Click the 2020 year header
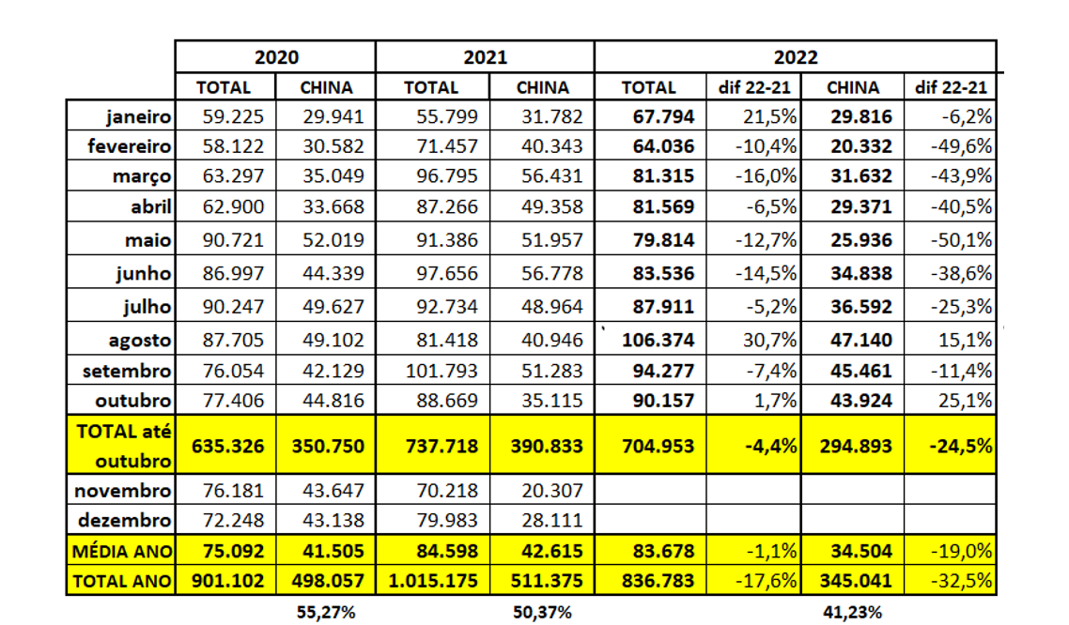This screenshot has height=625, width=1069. (276, 57)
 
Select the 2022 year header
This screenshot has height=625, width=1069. (795, 57)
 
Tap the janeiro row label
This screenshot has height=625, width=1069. (138, 117)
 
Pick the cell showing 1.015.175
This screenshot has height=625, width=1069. (431, 582)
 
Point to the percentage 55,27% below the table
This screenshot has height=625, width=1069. (325, 613)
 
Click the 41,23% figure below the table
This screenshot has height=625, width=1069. (853, 613)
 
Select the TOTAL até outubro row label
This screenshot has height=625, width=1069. (120, 447)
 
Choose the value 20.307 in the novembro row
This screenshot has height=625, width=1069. (542, 490)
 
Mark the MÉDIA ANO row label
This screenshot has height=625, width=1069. (120, 551)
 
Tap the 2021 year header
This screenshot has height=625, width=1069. (485, 57)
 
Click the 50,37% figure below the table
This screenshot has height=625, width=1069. (542, 613)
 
